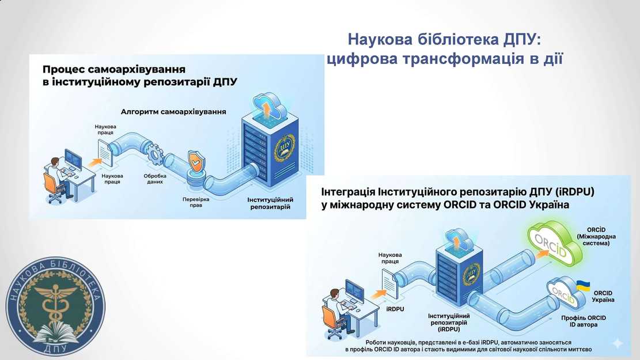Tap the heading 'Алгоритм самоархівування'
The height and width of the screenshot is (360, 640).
point(173,111)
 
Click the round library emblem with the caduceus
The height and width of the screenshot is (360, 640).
point(56,305)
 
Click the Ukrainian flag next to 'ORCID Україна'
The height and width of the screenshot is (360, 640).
point(583,285)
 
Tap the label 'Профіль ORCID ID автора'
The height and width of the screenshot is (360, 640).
point(583,321)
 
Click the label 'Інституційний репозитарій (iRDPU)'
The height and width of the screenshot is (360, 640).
point(448,323)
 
